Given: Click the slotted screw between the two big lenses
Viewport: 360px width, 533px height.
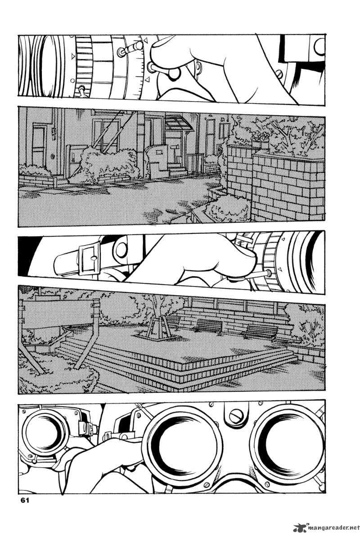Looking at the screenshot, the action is click(236, 416).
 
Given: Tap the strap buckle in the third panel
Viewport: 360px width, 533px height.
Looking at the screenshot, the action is click(90, 258).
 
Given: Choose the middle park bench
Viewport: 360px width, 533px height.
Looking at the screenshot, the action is click(209, 326).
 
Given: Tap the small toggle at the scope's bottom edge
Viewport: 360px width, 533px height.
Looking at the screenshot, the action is click(81, 90).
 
